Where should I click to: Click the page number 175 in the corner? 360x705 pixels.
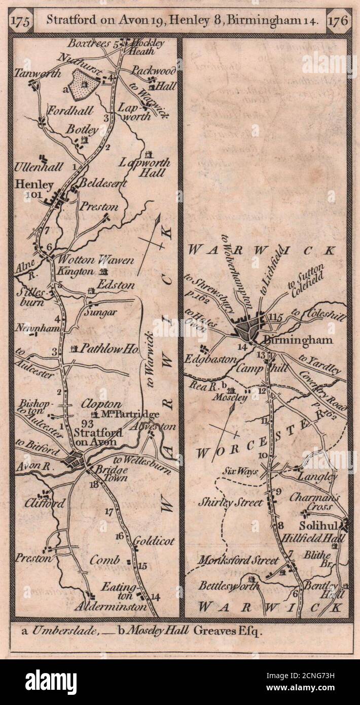point(22,22)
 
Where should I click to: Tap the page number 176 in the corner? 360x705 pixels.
point(338,21)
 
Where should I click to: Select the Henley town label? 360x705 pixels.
point(34,185)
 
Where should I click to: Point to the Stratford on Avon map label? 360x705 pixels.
point(95,437)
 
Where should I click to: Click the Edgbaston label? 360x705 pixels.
point(217,359)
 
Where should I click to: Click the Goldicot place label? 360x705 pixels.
point(154,541)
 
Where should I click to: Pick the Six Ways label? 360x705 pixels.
point(241,471)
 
